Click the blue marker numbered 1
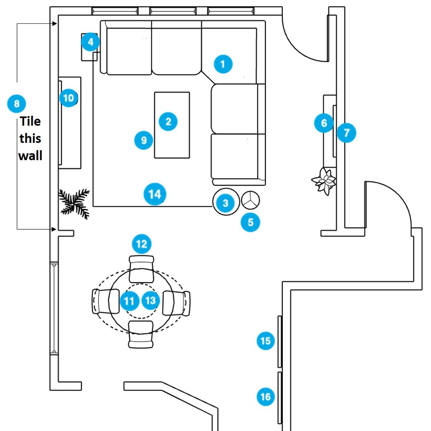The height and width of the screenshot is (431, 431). tap(223, 64)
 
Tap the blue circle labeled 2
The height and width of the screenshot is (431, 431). tap(168, 121)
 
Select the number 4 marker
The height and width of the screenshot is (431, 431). tap(90, 42)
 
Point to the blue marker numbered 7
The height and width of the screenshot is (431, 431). tap(346, 133)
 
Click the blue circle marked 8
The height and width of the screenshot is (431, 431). tap(17, 103)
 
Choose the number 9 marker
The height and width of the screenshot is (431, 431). tap(144, 140)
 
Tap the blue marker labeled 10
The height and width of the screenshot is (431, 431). tap(68, 98)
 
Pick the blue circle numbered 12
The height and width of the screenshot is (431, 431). tap(141, 244)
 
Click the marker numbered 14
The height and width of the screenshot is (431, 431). tap(155, 194)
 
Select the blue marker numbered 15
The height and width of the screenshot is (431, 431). tap(265, 341)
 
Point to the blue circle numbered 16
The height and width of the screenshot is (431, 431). tap(265, 396)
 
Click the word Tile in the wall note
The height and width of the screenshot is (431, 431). tap(31, 121)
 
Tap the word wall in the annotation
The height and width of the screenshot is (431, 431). tap(30, 156)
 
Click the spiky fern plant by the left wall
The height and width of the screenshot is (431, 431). tap(74, 204)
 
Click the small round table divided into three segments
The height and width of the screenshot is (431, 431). tap(251, 200)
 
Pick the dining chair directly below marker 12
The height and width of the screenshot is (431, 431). tap(141, 269)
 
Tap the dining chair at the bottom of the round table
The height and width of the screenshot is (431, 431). tap(141, 334)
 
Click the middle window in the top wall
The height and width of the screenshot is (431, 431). tap(173, 11)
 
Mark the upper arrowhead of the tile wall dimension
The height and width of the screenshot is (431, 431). tap(55, 24)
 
